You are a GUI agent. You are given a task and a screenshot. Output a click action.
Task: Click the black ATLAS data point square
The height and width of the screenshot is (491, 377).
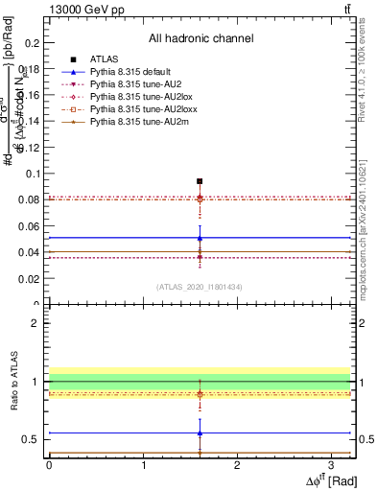pyautogui.click(x=200, y=180)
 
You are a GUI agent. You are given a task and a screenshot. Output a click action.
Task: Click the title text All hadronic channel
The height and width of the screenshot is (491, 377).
pyautogui.click(x=200, y=38)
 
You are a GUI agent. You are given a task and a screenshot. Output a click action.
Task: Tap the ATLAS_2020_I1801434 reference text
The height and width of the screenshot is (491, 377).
pyautogui.click(x=200, y=286)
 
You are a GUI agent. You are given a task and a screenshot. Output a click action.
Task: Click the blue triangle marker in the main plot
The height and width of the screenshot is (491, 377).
pyautogui.click(x=200, y=238)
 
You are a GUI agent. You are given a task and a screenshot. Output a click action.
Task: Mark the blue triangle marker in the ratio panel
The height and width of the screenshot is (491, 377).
pyautogui.click(x=200, y=433)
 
